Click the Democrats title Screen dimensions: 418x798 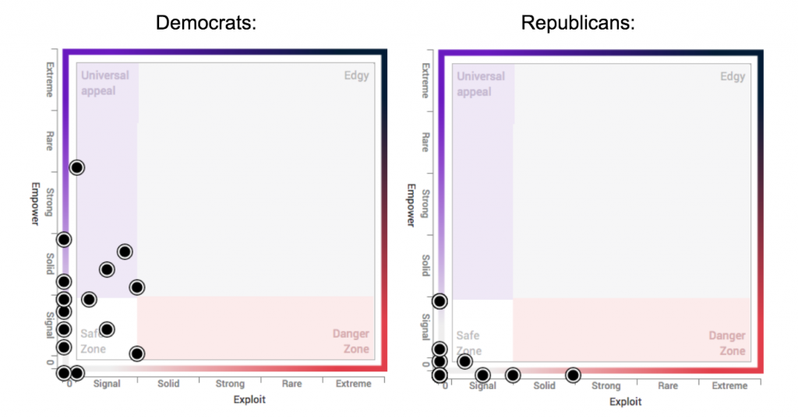pyautogui.click(x=206, y=23)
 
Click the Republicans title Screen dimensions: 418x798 pyautogui.click(x=578, y=23)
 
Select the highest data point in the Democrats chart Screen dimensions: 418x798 pyautogui.click(x=76, y=167)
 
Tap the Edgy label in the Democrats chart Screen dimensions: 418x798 pyautogui.click(x=356, y=76)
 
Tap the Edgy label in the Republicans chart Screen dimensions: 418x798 pyautogui.click(x=733, y=76)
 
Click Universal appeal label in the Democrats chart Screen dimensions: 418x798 pyautogui.click(x=105, y=83)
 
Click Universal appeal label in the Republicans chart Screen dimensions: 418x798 pyautogui.click(x=481, y=84)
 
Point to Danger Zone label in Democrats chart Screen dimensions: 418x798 pyautogui.click(x=351, y=341)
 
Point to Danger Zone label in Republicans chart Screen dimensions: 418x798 pyautogui.click(x=726, y=343)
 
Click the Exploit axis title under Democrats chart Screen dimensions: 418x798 pyautogui.click(x=249, y=399)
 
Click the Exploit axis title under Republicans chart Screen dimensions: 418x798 pyautogui.click(x=625, y=402)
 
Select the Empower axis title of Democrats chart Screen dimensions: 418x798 pyautogui.click(x=35, y=204)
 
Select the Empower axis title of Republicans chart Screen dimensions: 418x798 pyautogui.click(x=411, y=205)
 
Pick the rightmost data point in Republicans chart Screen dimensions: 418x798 pyautogui.click(x=573, y=375)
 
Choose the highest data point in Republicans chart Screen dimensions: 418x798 pyautogui.click(x=440, y=301)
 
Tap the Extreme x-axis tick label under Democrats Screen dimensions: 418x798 pyautogui.click(x=355, y=384)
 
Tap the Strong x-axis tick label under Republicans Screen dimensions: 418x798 pyautogui.click(x=606, y=385)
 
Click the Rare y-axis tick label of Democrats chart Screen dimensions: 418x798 pyautogui.click(x=49, y=141)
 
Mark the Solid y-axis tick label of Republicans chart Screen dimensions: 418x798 pyautogui.click(x=425, y=265)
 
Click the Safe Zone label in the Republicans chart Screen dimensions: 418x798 pyautogui.click(x=468, y=342)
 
